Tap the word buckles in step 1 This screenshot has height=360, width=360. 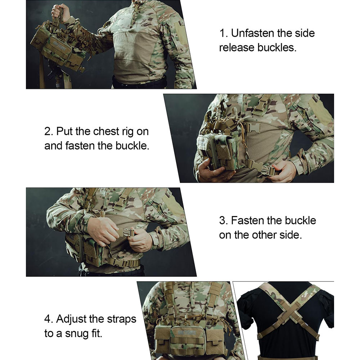[x=277, y=48]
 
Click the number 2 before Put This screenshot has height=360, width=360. [x=49, y=131]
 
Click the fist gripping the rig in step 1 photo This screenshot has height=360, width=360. [x=60, y=12]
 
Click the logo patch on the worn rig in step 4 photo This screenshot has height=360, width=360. [x=187, y=332]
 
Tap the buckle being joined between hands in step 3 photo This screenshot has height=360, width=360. [x=125, y=233]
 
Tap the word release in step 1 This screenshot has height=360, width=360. [x=237, y=48]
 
